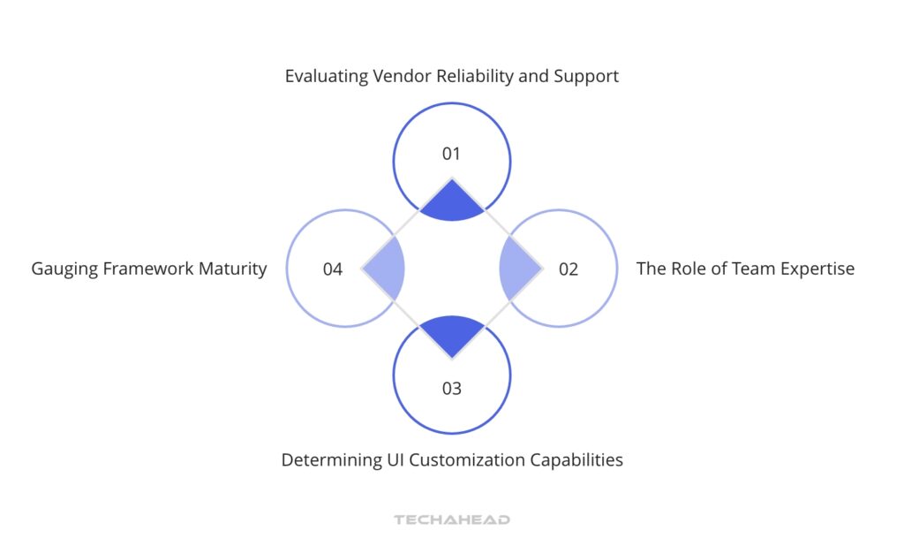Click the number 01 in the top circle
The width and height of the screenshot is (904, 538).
[451, 154]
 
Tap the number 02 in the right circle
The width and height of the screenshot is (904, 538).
[569, 269]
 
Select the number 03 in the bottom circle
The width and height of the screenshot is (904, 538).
[451, 388]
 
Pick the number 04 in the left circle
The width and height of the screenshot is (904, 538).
[333, 269]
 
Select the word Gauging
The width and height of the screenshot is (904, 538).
[65, 269]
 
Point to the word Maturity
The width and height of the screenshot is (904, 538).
[231, 269]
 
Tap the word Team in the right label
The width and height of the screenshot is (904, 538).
[745, 269]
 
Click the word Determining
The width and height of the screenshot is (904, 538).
[324, 460]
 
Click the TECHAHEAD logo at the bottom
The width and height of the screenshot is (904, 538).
[452, 520]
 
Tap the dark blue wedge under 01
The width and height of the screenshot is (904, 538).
[451, 201]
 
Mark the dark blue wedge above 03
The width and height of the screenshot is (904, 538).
[451, 334]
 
